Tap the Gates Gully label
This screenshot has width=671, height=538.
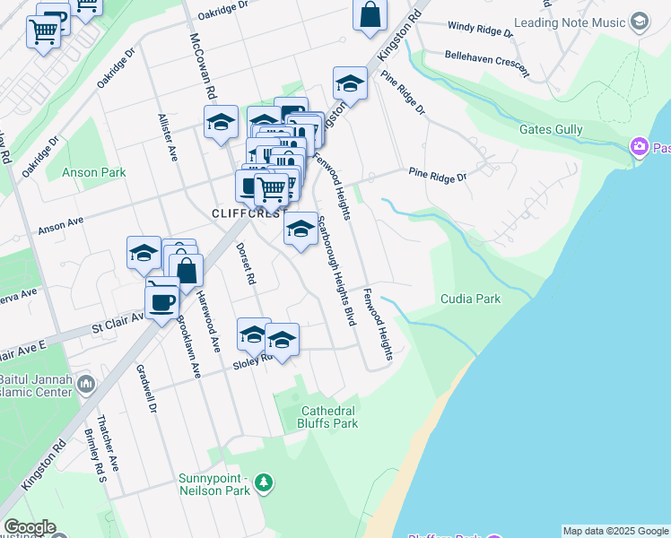pyautogui.click(x=551, y=130)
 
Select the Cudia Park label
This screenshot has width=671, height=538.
pyautogui.click(x=470, y=299)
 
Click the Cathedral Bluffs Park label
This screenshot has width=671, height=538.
pyautogui.click(x=328, y=417)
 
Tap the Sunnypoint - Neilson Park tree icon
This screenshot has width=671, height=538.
pyautogui.click(x=263, y=484)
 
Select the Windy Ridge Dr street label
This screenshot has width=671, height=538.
pyautogui.click(x=480, y=30)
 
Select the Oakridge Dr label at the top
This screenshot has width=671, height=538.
pyautogui.click(x=222, y=11)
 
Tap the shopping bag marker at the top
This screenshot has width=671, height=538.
pyautogui.click(x=370, y=15)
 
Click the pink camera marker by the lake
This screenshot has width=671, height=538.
pyautogui.click(x=640, y=146)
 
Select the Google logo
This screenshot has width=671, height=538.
pyautogui.click(x=30, y=528)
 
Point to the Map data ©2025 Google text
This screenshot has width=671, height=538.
pyautogui.click(x=614, y=531)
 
